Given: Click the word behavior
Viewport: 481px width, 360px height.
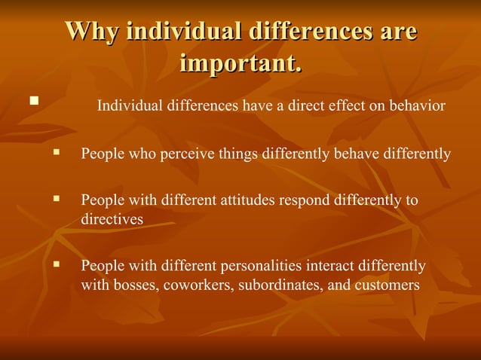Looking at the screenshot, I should point(418,105).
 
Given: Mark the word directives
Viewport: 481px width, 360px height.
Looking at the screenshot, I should point(112,218).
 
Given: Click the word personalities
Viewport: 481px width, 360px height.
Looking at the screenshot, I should point(259,267).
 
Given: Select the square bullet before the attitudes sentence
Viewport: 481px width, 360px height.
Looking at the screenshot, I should point(56,199).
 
